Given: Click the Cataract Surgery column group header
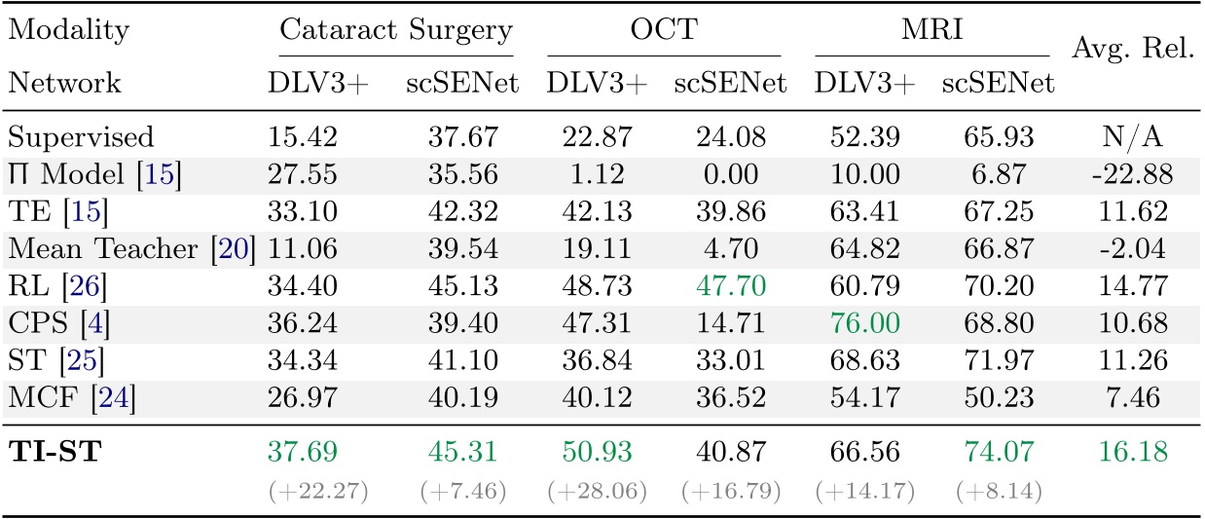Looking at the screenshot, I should click(x=394, y=30).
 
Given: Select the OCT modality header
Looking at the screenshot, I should click(x=665, y=30).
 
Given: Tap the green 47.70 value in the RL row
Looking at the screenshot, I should click(x=729, y=288).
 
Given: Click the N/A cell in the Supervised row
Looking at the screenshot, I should click(x=1133, y=136).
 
